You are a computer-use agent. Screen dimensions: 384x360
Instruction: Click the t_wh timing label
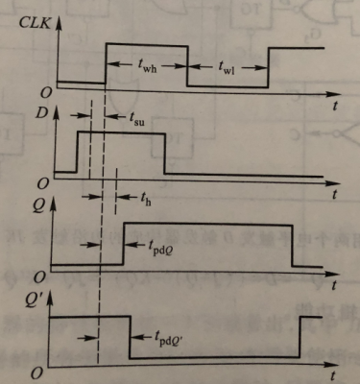[145, 66]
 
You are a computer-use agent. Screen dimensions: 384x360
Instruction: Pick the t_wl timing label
[227, 66]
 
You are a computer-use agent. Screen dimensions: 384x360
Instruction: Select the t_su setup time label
[140, 120]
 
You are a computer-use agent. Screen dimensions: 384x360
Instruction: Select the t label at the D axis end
[341, 194]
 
